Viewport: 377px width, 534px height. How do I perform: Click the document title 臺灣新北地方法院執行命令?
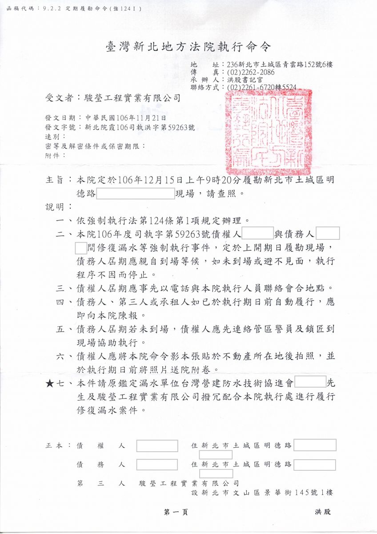coord(188,46)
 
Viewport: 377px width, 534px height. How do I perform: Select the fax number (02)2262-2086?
coord(250,72)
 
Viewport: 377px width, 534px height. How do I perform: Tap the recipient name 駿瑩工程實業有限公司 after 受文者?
coord(129,98)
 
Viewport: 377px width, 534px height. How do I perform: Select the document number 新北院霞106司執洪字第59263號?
coord(139,127)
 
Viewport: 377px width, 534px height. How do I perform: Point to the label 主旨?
coord(56,181)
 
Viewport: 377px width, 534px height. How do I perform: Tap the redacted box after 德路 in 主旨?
coord(135,194)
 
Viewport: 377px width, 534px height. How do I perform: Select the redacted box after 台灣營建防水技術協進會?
coord(310,382)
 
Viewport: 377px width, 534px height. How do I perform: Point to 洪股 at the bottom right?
coord(323,512)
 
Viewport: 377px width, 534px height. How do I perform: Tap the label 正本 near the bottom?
coord(55,445)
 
